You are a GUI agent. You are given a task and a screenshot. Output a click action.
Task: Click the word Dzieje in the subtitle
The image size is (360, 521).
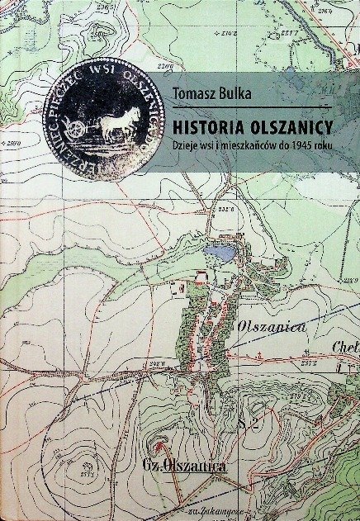(184, 145)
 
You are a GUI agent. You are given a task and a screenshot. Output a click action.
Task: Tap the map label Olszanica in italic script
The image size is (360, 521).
(272, 327)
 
